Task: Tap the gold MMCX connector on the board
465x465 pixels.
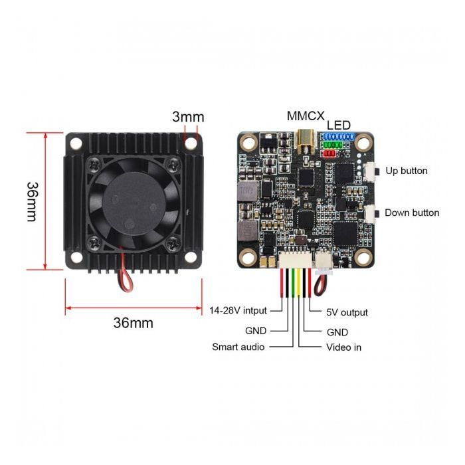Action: [306, 138]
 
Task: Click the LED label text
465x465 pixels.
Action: [338, 126]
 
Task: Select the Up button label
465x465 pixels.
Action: [406, 171]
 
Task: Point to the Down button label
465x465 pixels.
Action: [412, 213]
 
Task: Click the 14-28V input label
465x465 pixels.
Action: [238, 310]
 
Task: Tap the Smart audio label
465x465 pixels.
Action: [238, 347]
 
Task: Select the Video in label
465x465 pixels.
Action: [343, 347]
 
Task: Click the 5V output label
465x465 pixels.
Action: [347, 312]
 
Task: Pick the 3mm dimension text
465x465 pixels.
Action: [188, 117]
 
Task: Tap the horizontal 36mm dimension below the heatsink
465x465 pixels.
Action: [133, 324]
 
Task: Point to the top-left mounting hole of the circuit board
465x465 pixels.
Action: [249, 142]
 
